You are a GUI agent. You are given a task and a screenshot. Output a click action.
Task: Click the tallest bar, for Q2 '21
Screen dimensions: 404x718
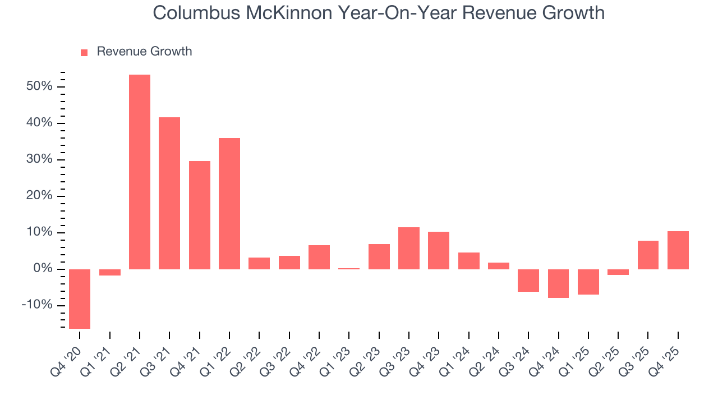click(x=140, y=172)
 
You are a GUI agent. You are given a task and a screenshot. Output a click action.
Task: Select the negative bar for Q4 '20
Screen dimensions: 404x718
click(x=80, y=299)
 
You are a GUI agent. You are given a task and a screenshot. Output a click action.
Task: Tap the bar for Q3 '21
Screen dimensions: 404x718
click(x=169, y=193)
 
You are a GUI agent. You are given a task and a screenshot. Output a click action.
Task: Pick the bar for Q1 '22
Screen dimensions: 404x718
click(x=229, y=203)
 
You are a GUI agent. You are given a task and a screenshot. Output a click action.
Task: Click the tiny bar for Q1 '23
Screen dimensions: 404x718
click(x=349, y=269)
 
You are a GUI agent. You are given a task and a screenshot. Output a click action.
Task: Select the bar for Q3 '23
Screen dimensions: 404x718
click(x=409, y=248)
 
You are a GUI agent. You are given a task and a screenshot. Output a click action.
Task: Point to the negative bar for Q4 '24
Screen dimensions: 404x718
click(x=559, y=283)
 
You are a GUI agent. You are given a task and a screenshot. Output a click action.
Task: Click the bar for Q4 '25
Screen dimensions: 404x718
click(x=678, y=250)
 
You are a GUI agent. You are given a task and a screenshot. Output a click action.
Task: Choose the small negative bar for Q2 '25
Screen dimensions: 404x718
click(x=618, y=272)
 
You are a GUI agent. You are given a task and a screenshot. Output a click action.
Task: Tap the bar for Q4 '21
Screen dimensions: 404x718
click(x=200, y=215)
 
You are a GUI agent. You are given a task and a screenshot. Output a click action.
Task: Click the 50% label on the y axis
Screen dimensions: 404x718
click(x=39, y=86)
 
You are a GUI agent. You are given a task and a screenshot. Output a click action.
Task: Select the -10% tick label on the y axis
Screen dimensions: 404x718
click(x=37, y=305)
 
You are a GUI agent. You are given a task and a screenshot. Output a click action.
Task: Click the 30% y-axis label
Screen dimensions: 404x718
click(x=39, y=159)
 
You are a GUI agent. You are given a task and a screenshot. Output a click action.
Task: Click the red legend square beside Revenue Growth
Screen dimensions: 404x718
click(x=84, y=52)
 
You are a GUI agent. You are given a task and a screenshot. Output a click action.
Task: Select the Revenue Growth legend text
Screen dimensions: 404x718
click(x=144, y=52)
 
